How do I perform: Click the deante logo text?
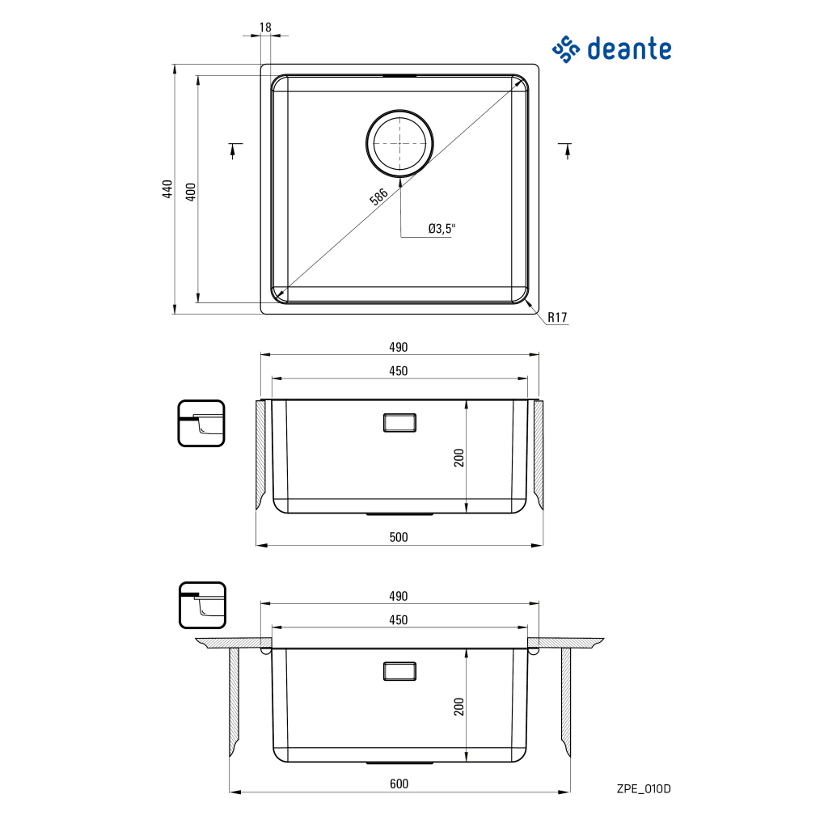[x=629, y=49]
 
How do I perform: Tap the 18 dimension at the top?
[x=265, y=27]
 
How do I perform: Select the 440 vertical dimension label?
[x=167, y=189]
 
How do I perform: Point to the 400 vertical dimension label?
[x=191, y=192]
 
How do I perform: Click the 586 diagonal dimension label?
[x=378, y=196]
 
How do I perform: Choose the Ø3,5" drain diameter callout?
[x=441, y=229]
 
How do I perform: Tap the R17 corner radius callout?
[x=557, y=317]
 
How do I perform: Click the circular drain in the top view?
[x=399, y=143]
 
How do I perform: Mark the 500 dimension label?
[x=399, y=537]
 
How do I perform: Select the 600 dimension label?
[x=399, y=784]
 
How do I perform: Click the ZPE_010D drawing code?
[x=644, y=789]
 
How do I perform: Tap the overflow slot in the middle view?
[x=399, y=423]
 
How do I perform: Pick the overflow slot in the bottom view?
[x=399, y=671]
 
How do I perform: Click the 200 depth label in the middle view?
[x=459, y=458]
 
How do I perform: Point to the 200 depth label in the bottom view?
[x=459, y=707]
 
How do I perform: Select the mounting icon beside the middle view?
[x=201, y=424]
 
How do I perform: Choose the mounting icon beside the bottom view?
[x=202, y=605]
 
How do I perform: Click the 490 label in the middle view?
[x=399, y=347]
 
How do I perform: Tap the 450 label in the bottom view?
[x=399, y=620]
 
